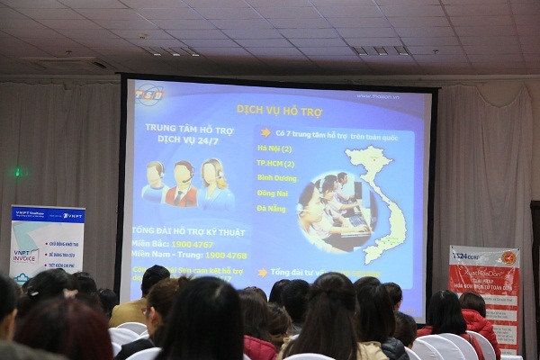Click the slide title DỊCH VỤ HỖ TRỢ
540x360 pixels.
tap(280, 109)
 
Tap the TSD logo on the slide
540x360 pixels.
tap(149, 94)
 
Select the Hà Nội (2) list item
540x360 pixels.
tap(274, 148)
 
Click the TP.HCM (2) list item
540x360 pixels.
tap(276, 164)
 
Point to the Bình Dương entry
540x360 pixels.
tap(277, 179)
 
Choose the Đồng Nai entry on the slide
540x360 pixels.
tap(274, 193)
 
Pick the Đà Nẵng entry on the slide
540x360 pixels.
tap(273, 208)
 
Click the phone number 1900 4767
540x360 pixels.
tap(192, 243)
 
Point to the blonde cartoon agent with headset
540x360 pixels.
tap(214, 183)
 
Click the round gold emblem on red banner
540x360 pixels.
tap(508, 257)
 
